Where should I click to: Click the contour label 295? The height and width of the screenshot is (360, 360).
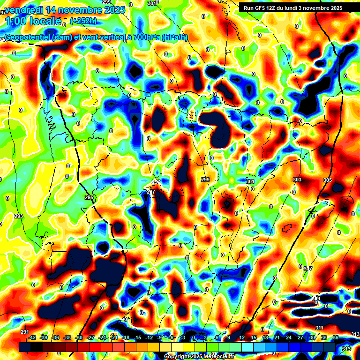pyautogui.click(x=89, y=198)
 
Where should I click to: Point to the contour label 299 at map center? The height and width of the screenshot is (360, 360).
pyautogui.click(x=205, y=180)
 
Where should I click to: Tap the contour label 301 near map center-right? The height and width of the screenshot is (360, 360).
pyautogui.click(x=250, y=181)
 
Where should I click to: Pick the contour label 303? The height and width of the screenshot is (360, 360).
pyautogui.click(x=297, y=180)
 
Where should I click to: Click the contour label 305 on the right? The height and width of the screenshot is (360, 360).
pyautogui.click(x=327, y=180)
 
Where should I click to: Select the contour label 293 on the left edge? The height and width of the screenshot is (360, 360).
pyautogui.click(x=19, y=216)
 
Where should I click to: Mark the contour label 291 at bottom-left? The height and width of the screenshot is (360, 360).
pyautogui.click(x=25, y=332)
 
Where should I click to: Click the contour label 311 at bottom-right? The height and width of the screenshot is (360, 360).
pyautogui.click(x=319, y=328)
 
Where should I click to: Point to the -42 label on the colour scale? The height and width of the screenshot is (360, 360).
pyautogui.click(x=32, y=337)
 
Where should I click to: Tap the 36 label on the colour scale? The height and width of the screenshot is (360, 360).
pyautogui.click(x=335, y=337)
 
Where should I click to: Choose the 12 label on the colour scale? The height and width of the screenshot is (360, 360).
pyautogui.click(x=242, y=337)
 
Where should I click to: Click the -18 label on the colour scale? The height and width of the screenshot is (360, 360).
pyautogui.click(x=126, y=337)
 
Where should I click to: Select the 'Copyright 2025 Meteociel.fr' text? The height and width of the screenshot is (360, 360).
pyautogui.click(x=199, y=356)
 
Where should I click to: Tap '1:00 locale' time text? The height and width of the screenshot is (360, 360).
pyautogui.click(x=33, y=21)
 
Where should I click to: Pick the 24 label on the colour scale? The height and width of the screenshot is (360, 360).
pyautogui.click(x=288, y=337)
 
